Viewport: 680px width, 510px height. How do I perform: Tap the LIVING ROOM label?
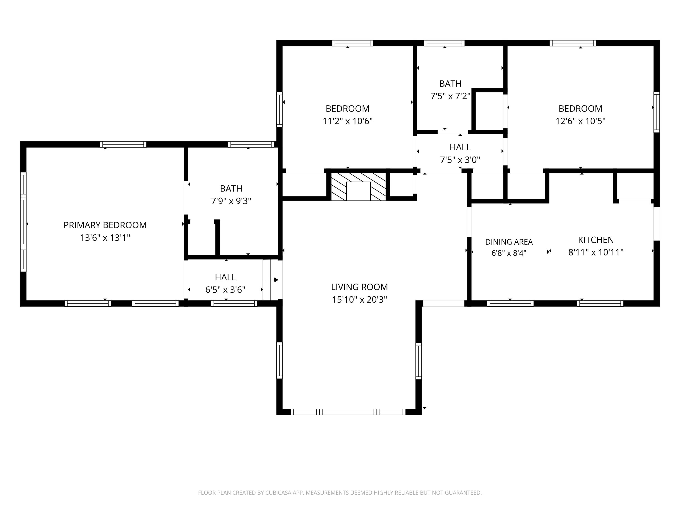pyautogui.click(x=359, y=287)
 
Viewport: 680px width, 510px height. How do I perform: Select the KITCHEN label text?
pyautogui.click(x=596, y=240)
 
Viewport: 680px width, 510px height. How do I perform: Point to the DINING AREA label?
pyautogui.click(x=509, y=242)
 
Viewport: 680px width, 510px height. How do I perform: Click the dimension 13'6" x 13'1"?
pyautogui.click(x=105, y=238)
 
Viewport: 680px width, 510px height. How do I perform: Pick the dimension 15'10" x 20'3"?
pyautogui.click(x=359, y=299)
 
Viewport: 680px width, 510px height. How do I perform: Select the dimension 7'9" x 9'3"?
pyautogui.click(x=231, y=201)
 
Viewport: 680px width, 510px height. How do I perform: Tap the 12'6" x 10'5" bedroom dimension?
pyautogui.click(x=580, y=121)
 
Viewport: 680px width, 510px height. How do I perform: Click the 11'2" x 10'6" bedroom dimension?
pyautogui.click(x=347, y=121)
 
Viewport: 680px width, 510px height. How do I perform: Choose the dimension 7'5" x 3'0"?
pyautogui.click(x=460, y=160)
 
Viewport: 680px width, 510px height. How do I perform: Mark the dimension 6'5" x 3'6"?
pyautogui.click(x=225, y=290)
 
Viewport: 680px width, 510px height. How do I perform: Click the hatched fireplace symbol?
pyautogui.click(x=358, y=187)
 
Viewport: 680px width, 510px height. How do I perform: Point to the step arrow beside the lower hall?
pyautogui.click(x=270, y=280)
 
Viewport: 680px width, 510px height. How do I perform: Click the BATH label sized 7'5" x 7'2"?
pyautogui.click(x=450, y=84)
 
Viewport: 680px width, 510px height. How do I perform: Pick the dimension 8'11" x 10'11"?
pyautogui.click(x=596, y=252)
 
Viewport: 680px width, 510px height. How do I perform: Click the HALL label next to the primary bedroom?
pyautogui.click(x=225, y=277)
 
